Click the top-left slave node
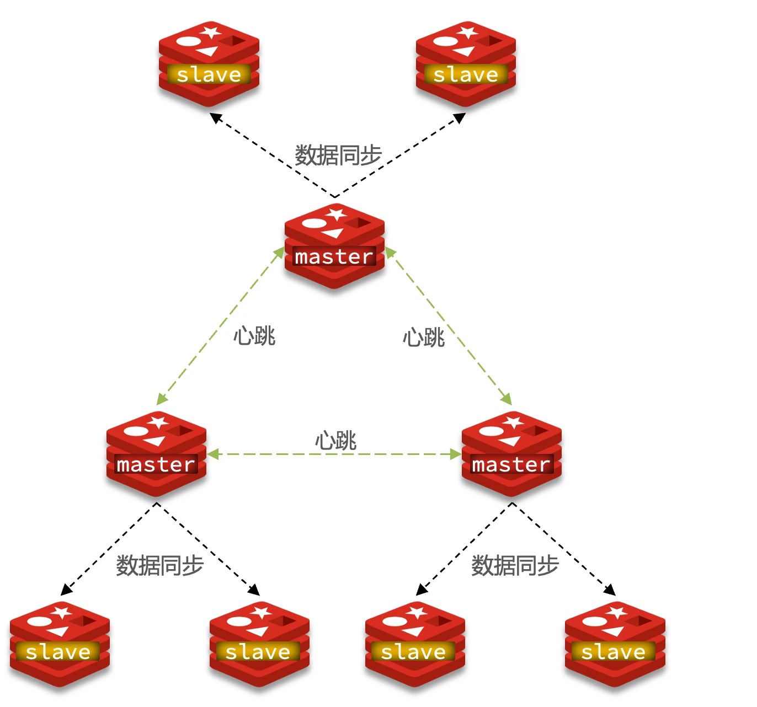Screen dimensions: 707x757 pos(209,63)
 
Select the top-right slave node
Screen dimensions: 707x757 pos(466,63)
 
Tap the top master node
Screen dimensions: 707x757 pos(334,246)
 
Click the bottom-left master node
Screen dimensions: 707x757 pos(156,454)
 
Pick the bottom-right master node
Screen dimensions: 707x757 pos(511,454)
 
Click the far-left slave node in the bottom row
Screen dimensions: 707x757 pos(60,644)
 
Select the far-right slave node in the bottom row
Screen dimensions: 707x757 pos(615,644)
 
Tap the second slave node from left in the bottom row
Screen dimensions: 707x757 pos(259,644)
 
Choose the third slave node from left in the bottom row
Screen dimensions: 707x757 pos(415,644)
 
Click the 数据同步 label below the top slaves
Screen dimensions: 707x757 pos(338,155)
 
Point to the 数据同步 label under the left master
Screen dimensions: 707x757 pos(160,565)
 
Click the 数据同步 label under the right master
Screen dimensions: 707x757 pos(515,565)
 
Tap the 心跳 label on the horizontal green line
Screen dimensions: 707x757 pos(335,441)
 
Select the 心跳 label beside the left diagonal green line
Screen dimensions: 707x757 pos(254,335)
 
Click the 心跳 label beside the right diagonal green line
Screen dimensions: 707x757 pos(423,337)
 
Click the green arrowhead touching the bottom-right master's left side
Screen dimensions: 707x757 pos(456,454)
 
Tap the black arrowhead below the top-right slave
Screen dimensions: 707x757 pos(460,117)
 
